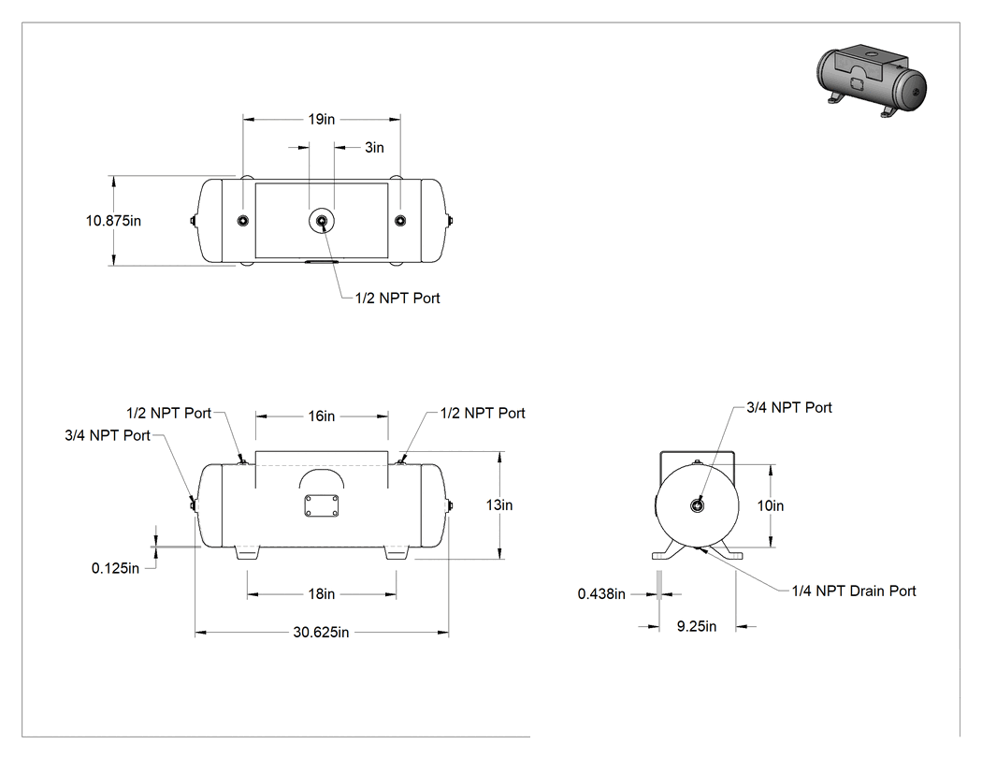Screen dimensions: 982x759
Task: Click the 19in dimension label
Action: (x=322, y=119)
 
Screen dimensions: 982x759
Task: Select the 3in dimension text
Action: (x=374, y=147)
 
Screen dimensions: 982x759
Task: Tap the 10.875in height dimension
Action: (x=113, y=221)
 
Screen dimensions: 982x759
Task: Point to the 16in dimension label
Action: (x=322, y=416)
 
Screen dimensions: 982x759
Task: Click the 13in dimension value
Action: (x=499, y=505)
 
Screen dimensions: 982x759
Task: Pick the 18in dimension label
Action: (x=322, y=593)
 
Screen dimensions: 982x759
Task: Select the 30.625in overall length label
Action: (x=322, y=633)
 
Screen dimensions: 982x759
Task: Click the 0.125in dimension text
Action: (x=115, y=568)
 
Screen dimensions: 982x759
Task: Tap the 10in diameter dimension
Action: (x=771, y=505)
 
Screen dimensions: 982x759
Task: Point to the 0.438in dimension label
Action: (x=601, y=594)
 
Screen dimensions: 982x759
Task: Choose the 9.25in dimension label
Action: (x=697, y=626)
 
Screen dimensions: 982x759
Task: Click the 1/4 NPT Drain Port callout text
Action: (x=854, y=591)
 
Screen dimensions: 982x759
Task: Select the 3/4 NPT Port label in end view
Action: (x=789, y=407)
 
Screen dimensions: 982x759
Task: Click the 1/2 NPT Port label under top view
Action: (x=397, y=299)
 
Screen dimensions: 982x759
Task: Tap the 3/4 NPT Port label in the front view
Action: (x=108, y=435)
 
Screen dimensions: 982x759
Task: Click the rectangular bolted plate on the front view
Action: (x=322, y=505)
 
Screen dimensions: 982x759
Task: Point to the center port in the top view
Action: (x=322, y=221)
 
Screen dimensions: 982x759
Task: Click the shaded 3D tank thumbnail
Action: (x=872, y=80)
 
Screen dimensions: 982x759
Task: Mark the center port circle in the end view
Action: (x=697, y=505)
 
